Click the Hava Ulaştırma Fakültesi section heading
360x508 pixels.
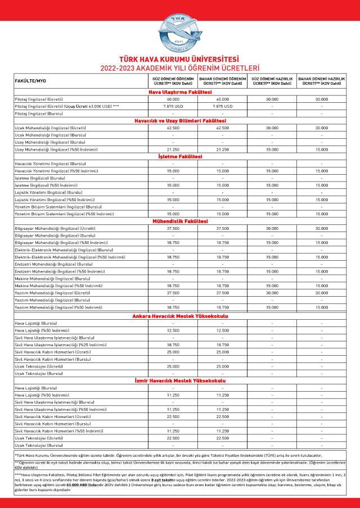(x=179, y=92)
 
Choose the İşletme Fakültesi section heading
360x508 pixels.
(x=179, y=156)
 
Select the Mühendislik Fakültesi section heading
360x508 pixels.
(x=179, y=221)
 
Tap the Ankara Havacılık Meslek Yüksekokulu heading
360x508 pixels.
(x=179, y=316)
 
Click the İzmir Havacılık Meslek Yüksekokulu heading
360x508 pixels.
(x=179, y=381)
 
